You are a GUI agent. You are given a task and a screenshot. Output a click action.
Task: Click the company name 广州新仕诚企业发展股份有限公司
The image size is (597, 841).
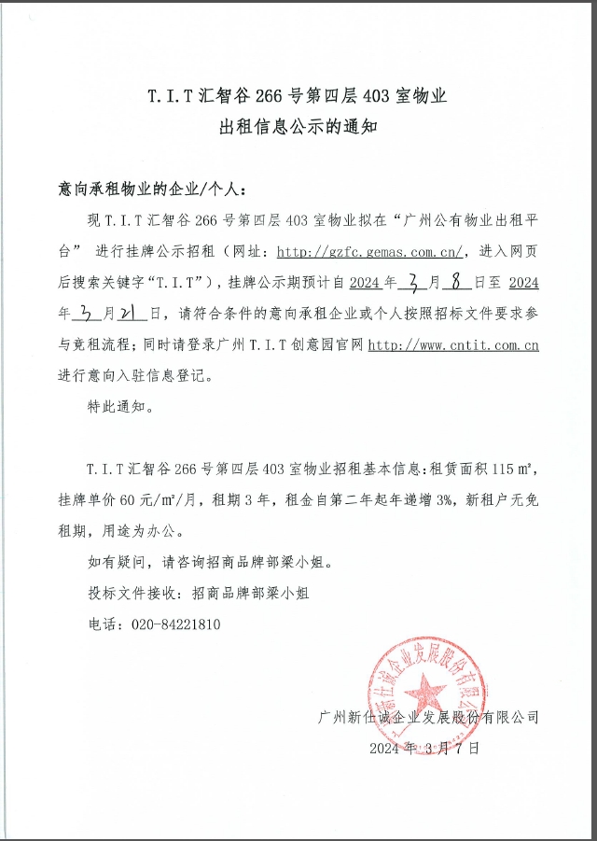coord(428,717)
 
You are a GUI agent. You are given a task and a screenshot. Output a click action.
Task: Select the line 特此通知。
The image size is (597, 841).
coord(118,407)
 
